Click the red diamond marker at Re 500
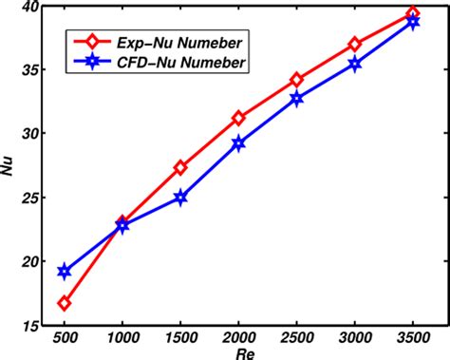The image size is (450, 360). pyautogui.click(x=64, y=303)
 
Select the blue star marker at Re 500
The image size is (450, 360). pyautogui.click(x=64, y=272)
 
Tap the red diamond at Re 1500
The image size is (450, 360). pyautogui.click(x=180, y=167)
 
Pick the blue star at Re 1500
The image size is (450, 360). pyautogui.click(x=180, y=197)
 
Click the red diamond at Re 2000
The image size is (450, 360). pyautogui.click(x=238, y=118)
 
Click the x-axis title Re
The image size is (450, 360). pyautogui.click(x=238, y=352)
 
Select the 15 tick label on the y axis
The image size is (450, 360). pyautogui.click(x=30, y=325)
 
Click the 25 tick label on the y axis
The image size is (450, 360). pyautogui.click(x=30, y=198)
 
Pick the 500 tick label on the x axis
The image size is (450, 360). pyautogui.click(x=64, y=337)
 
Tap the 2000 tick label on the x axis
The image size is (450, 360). pyautogui.click(x=238, y=337)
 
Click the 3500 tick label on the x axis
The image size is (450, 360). pyautogui.click(x=413, y=337)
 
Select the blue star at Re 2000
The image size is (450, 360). pyautogui.click(x=238, y=142)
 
